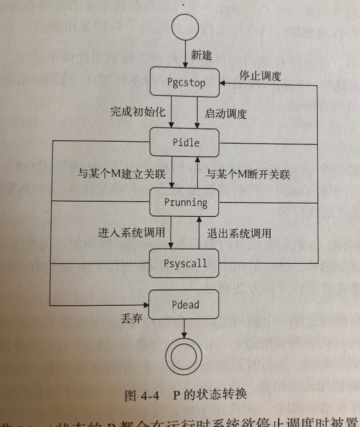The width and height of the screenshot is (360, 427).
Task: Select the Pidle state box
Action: point(185,142)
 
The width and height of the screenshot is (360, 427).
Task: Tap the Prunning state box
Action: point(185,202)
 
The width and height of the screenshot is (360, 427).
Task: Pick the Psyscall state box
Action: point(185,263)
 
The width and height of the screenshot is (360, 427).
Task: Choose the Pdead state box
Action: point(185,304)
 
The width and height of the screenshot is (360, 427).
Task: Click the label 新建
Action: point(201,55)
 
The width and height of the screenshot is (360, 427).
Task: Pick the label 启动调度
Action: point(226,114)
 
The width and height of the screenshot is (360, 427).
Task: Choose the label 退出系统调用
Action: point(239,233)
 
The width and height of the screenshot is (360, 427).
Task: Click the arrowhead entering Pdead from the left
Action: point(147,304)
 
